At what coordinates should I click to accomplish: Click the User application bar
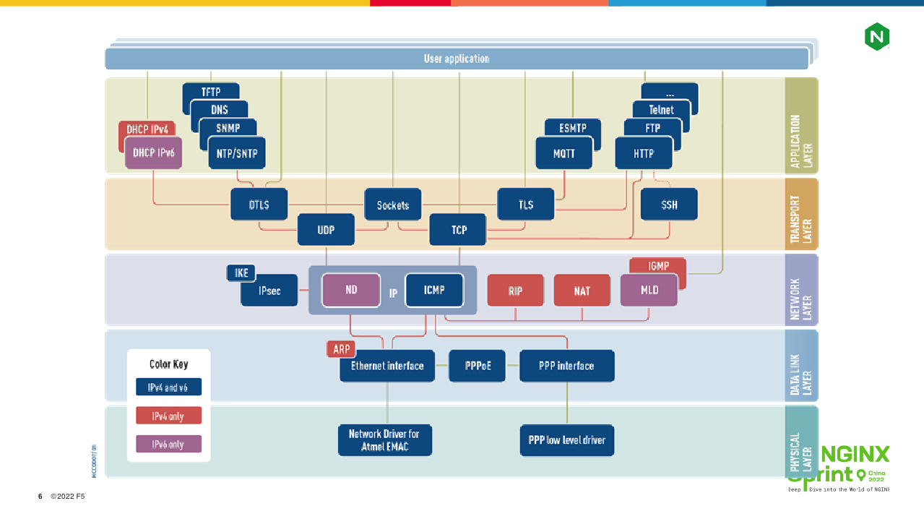pyautogui.click(x=457, y=59)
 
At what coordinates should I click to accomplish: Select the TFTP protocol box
pyautogui.click(x=211, y=92)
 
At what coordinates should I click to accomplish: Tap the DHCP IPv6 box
pyautogui.click(x=153, y=153)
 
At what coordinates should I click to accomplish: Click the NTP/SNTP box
pyautogui.click(x=237, y=153)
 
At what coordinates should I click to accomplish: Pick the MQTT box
pyautogui.click(x=564, y=153)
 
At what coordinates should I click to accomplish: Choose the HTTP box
pyautogui.click(x=644, y=153)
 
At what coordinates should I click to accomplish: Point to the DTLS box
pyautogui.click(x=259, y=205)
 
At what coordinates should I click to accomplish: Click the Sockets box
pyautogui.click(x=393, y=205)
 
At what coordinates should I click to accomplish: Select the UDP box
pyautogui.click(x=326, y=230)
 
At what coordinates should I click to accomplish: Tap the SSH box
pyautogui.click(x=669, y=205)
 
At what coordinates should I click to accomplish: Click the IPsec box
pyautogui.click(x=269, y=291)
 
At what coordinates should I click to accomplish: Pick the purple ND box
pyautogui.click(x=351, y=290)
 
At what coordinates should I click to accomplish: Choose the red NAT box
pyautogui.click(x=582, y=291)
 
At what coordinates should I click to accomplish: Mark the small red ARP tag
pyautogui.click(x=341, y=349)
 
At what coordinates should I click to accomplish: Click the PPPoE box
pyautogui.click(x=477, y=366)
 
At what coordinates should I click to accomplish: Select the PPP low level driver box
pyautogui.click(x=566, y=439)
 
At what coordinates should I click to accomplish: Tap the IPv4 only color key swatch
pyautogui.click(x=168, y=416)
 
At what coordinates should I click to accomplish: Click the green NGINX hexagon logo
pyautogui.click(x=876, y=37)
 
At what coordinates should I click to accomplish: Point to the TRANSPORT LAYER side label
pyautogui.click(x=801, y=215)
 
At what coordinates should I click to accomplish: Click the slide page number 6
pyautogui.click(x=40, y=497)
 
